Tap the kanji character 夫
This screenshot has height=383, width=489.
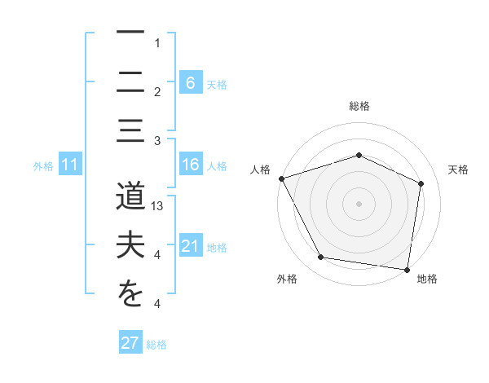[x=130, y=248]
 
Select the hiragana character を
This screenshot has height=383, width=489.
[x=130, y=295]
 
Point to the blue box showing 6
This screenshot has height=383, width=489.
[x=190, y=82]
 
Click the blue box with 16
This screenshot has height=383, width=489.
[x=190, y=165]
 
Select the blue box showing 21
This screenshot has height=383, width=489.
[x=190, y=247]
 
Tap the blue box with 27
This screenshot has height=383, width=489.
[x=130, y=343]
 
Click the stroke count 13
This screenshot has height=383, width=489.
[x=158, y=207]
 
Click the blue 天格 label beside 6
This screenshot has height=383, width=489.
[x=216, y=84]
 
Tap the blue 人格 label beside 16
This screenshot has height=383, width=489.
[x=216, y=166]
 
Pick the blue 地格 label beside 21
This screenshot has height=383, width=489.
[x=216, y=248]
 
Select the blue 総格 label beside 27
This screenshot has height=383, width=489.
[x=156, y=345]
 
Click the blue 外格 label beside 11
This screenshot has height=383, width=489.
[x=43, y=166]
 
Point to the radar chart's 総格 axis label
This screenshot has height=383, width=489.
[x=359, y=106]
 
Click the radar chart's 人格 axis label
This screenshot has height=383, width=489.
[x=261, y=169]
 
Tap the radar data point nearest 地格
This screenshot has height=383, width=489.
[x=407, y=269]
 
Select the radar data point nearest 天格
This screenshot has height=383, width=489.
[x=421, y=183]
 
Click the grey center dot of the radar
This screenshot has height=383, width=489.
[x=359, y=203]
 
